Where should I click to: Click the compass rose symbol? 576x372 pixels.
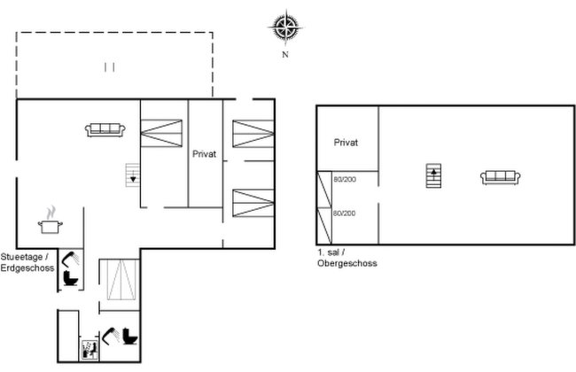[285, 27]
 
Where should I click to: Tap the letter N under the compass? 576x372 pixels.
[285, 54]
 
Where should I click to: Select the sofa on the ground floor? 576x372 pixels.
[105, 130]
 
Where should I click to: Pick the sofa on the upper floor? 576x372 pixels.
[501, 178]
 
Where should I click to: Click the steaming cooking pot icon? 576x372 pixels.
[51, 220]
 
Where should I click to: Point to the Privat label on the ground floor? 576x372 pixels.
[204, 154]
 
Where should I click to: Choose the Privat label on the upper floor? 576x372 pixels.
[346, 143]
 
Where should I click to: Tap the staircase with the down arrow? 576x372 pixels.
[133, 174]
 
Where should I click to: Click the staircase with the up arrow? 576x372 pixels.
[433, 175]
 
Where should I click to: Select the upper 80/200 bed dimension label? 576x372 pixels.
[345, 180]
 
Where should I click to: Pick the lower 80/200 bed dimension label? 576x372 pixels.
[344, 213]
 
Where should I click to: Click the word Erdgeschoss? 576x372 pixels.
[27, 267]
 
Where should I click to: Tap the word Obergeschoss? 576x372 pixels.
[347, 263]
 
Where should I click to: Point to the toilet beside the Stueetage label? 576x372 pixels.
[71, 277]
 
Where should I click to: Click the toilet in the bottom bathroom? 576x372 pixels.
[130, 336]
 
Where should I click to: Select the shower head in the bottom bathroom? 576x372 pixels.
[111, 336]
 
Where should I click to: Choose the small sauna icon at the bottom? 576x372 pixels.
[90, 350]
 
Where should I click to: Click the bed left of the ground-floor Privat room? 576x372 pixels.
[161, 134]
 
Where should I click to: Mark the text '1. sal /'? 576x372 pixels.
[331, 252]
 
